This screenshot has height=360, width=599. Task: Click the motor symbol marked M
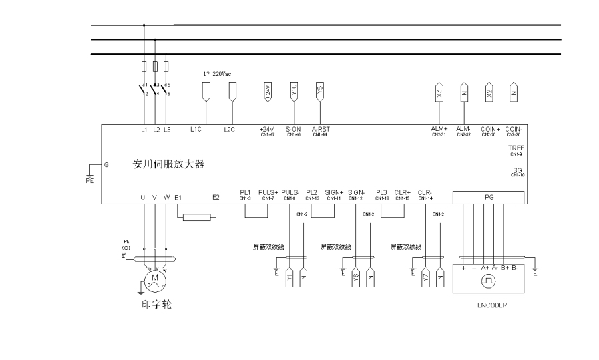click(154, 277)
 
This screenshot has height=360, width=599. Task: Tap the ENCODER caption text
click(493, 305)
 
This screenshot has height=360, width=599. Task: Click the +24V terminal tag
click(268, 92)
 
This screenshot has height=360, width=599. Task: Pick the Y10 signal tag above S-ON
click(294, 92)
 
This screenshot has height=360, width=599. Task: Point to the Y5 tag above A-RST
click(319, 92)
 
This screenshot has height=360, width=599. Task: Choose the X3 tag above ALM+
click(439, 94)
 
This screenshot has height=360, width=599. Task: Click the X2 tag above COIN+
click(489, 94)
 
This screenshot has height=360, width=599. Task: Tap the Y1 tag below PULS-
click(290, 278)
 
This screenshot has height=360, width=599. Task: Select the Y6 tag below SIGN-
click(356, 278)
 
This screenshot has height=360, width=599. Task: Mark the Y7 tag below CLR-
click(425, 278)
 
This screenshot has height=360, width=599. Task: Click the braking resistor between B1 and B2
click(197, 216)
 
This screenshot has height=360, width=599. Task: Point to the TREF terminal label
click(516, 148)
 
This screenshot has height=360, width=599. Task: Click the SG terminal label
click(518, 170)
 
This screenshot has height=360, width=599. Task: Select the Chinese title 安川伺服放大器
click(168, 163)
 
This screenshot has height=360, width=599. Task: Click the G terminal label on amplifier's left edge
click(106, 163)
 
